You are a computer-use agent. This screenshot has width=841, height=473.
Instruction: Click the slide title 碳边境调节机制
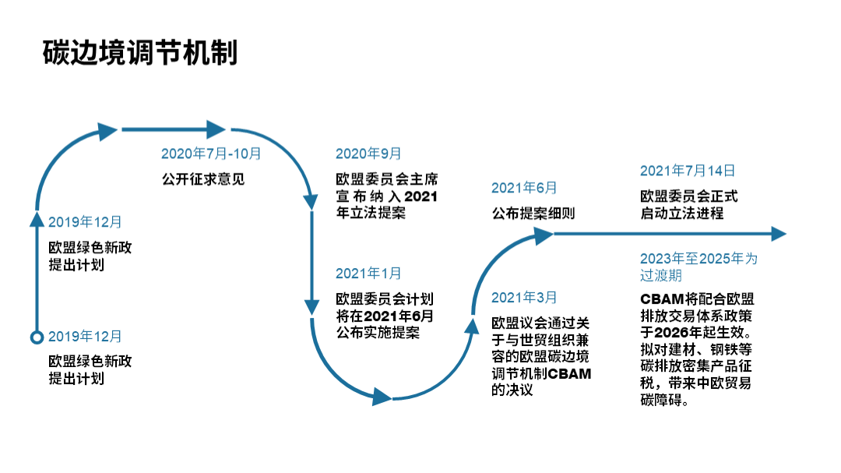[140, 53]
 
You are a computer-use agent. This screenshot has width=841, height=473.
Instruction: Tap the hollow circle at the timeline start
[36, 337]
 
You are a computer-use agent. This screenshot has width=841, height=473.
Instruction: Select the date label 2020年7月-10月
[211, 154]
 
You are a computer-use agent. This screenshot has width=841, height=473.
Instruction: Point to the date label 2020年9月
[368, 154]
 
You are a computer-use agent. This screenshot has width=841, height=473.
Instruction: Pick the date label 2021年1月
[368, 274]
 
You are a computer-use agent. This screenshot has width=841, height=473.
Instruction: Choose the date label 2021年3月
[524, 297]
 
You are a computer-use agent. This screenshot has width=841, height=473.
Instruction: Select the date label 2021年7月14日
[687, 171]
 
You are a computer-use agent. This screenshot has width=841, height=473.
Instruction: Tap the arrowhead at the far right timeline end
[778, 234]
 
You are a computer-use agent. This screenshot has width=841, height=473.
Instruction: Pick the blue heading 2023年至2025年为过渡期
[698, 267]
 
